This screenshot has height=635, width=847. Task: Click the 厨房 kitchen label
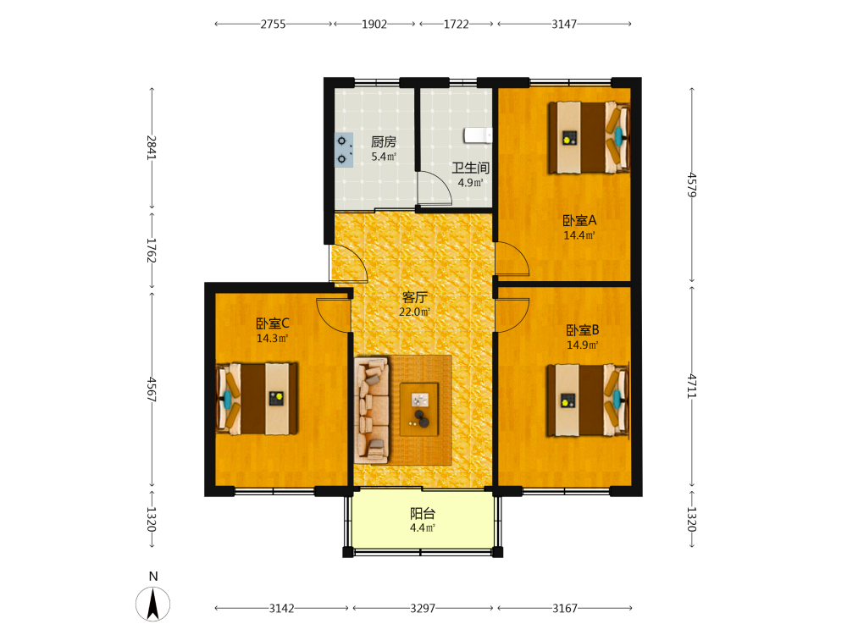384,142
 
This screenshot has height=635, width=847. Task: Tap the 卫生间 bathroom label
470,168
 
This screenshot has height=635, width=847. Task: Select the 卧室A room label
579,220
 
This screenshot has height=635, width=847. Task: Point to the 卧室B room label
583,330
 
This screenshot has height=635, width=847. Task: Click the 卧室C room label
272,323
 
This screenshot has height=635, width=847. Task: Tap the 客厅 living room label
415,297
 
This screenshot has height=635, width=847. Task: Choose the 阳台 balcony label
423,514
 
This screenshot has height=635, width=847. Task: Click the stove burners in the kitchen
344,150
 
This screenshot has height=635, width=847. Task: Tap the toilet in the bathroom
478,135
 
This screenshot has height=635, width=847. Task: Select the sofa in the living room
372,410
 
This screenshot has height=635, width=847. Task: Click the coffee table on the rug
419,409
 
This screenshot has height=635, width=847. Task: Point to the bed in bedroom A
590,138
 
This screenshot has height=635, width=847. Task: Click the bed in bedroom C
257,399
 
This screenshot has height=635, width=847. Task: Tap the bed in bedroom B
588,400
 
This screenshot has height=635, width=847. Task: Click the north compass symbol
152,603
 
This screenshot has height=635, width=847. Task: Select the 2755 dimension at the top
274,24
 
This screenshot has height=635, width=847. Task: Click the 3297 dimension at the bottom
423,609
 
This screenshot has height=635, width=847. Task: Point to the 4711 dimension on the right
692,387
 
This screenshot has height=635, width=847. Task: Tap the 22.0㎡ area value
414,312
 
